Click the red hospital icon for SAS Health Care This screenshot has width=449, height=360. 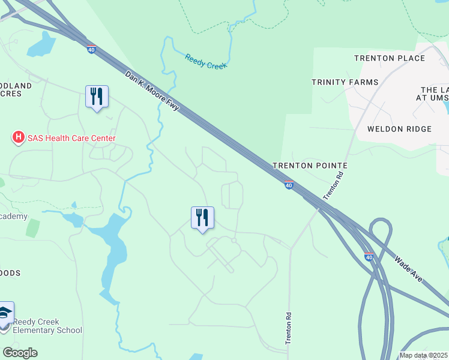coord(19,138)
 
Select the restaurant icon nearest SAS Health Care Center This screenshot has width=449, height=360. coord(97,97)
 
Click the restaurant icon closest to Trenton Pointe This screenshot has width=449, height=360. coord(203,218)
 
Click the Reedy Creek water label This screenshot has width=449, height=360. coord(206,61)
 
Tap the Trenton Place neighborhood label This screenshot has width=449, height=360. coord(390,58)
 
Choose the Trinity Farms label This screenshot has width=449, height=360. coord(345,82)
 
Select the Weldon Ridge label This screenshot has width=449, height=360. coord(399,129)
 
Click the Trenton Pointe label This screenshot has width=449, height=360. coord(310,165)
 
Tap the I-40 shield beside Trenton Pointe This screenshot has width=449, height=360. coord(289,185)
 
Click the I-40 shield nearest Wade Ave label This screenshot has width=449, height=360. coord(369,257)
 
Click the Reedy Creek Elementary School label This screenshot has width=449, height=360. coord(48,326)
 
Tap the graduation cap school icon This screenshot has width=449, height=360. coord(5,314)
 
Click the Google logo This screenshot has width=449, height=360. coord(20,352)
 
